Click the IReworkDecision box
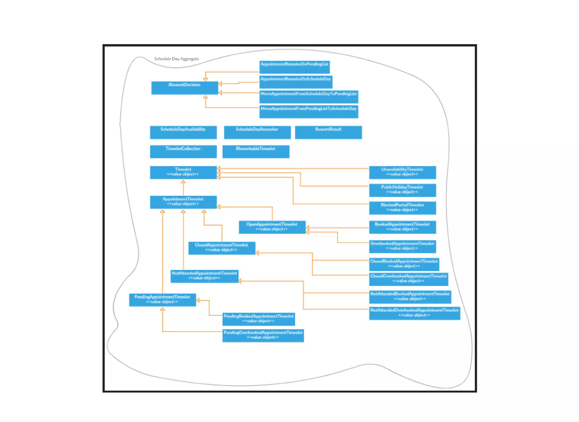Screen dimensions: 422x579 [184, 88]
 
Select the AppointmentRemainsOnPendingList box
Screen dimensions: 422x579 [294, 67]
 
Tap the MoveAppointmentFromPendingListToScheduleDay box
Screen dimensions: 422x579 [308, 112]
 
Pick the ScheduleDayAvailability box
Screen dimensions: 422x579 [183, 132]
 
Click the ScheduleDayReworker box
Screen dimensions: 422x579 [257, 132]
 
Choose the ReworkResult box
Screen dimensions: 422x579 [328, 132]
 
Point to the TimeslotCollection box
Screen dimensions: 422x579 [183, 152]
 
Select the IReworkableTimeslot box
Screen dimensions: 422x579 [256, 152]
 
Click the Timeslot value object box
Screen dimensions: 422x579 [183, 172]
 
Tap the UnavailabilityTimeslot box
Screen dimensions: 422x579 [402, 172]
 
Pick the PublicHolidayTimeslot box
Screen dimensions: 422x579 [402, 190]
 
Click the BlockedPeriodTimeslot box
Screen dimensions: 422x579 [402, 208]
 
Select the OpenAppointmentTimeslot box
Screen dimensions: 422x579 [272, 227]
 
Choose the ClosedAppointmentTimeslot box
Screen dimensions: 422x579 [221, 248]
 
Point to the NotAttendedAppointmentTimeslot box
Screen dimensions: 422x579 [204, 276]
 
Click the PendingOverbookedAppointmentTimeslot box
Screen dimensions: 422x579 [263, 335]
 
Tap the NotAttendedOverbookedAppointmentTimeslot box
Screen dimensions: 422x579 [414, 313]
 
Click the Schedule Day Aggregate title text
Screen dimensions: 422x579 [176, 59]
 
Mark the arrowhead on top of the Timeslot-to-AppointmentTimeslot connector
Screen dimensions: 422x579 [183, 182]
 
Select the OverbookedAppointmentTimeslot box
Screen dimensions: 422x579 [402, 246]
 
